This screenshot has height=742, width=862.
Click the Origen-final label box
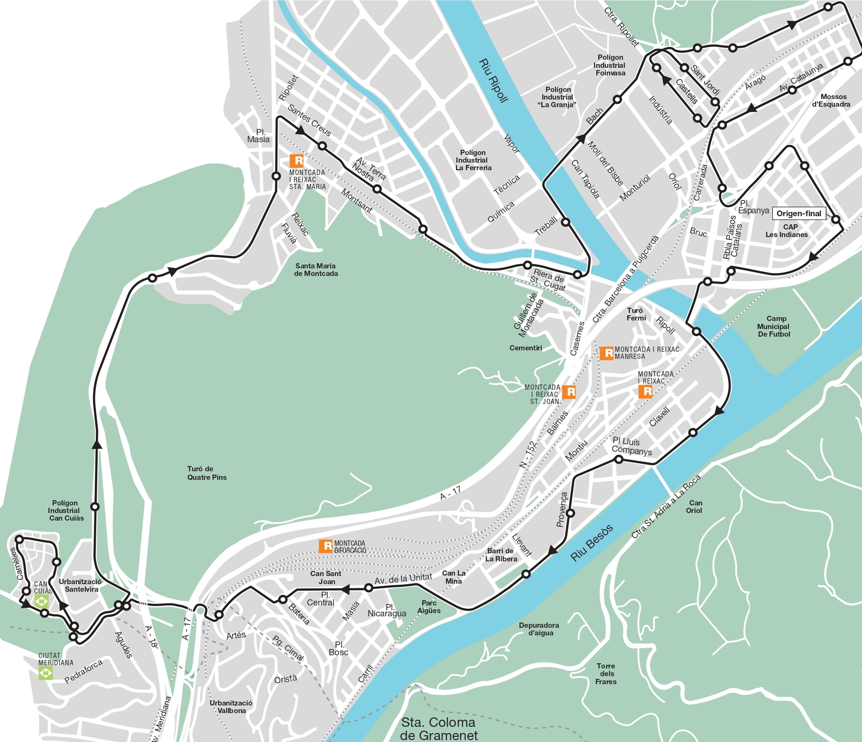tap(799, 213)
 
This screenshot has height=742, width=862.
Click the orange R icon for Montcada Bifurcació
tap(325, 546)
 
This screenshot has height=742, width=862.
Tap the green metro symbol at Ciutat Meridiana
tap(46, 672)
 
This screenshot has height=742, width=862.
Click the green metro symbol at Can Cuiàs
tap(42, 602)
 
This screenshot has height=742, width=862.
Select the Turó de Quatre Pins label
tap(207, 473)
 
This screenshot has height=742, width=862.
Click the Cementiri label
tap(526, 348)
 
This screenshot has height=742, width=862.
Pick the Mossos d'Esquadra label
tap(831, 101)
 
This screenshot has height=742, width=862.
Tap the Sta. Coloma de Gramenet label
tap(438, 729)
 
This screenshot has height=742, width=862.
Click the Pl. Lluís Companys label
tap(631, 446)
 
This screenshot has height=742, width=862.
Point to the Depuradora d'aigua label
tap(539, 629)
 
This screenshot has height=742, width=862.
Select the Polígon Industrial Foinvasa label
tap(610, 65)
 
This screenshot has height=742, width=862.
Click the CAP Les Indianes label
tap(787, 230)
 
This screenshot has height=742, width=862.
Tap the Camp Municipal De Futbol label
tap(774, 326)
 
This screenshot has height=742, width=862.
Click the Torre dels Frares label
tap(606, 674)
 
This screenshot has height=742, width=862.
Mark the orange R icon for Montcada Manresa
tap(607, 353)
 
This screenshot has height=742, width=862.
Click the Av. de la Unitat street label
tap(403, 579)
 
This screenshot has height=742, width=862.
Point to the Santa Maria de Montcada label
tap(316, 269)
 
